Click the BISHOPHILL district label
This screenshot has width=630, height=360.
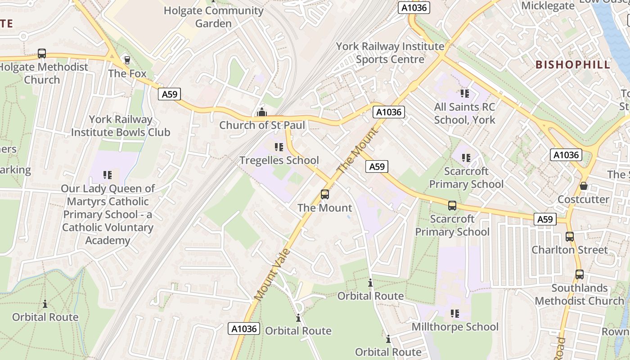tap(573, 64)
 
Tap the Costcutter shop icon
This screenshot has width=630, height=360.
tap(584, 186)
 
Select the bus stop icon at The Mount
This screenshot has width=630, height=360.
tap(324, 194)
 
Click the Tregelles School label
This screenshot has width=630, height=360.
tap(279, 160)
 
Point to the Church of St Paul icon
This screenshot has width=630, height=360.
tap(261, 112)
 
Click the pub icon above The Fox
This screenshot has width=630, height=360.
tap(127, 60)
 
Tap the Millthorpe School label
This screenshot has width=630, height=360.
tap(455, 327)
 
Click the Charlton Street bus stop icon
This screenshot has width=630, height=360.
tap(570, 236)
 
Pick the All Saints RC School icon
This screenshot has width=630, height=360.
tap(464, 94)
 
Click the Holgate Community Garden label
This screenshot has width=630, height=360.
tap(213, 17)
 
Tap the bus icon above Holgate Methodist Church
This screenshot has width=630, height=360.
tap(42, 54)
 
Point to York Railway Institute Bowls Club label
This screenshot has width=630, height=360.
tap(121, 126)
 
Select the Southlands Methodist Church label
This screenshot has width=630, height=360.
tap(579, 294)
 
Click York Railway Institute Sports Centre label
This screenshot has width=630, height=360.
tap(390, 53)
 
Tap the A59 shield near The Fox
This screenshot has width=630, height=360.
tap(170, 94)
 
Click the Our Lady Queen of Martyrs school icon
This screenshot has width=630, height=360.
tap(107, 175)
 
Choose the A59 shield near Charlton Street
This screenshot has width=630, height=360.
tap(545, 219)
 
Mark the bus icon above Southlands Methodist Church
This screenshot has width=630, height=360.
tap(579, 274)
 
